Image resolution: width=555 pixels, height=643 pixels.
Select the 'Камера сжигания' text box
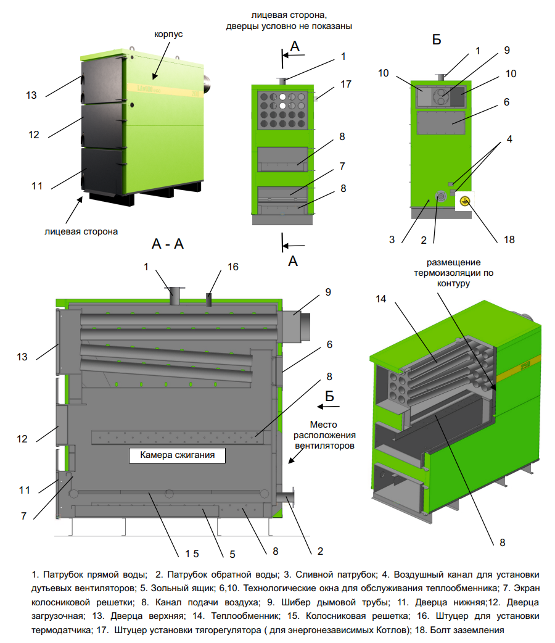(177, 456)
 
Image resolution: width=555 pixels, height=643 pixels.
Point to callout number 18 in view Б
(509, 239)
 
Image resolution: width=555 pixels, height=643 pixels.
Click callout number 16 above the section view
(232, 267)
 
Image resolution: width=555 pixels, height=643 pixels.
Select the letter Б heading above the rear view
(437, 40)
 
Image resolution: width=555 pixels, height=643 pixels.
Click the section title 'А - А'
(168, 244)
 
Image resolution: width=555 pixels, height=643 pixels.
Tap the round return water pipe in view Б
(441, 196)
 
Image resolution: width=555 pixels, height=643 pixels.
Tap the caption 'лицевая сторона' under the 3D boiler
(81, 231)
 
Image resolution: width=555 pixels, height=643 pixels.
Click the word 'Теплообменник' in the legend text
(250, 616)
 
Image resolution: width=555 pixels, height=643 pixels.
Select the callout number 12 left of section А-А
(22, 439)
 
